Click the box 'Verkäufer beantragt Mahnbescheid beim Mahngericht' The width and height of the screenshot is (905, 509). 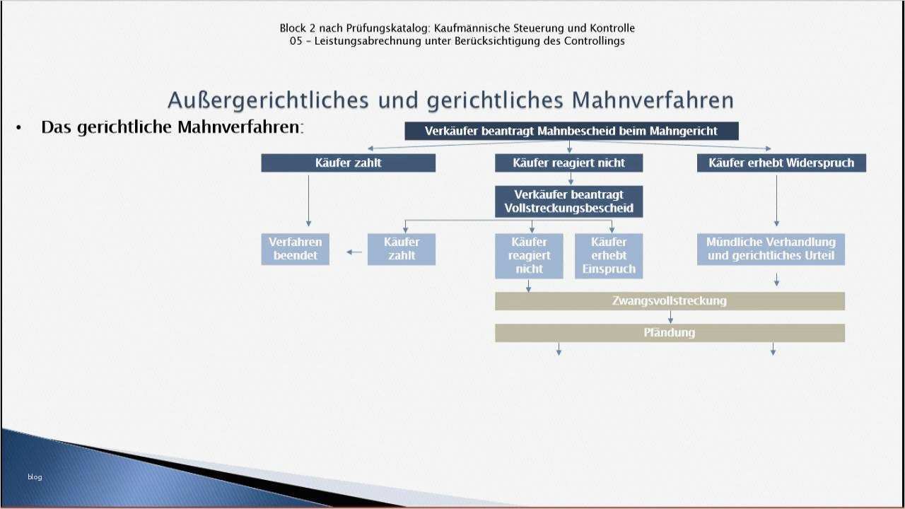point(571,131)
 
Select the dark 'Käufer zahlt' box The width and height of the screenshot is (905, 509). point(348,163)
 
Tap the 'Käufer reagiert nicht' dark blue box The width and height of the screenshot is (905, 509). point(568,163)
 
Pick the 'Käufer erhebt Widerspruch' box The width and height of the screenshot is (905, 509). point(781,163)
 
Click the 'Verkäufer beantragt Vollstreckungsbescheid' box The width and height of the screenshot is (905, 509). point(568,201)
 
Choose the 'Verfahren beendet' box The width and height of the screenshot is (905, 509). point(295,249)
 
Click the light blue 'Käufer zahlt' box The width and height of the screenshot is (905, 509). point(401,249)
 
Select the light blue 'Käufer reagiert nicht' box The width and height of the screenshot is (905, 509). point(529,255)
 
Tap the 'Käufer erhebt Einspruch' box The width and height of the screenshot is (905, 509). point(608,255)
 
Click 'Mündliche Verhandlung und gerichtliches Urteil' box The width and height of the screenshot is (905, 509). point(771,249)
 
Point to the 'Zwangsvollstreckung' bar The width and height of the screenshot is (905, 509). point(669,301)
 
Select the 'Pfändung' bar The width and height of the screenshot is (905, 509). point(669,333)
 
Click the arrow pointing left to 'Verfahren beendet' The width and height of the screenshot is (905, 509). point(354,252)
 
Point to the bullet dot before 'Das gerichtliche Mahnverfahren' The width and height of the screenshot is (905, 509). point(19,128)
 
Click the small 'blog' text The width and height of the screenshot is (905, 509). point(35,477)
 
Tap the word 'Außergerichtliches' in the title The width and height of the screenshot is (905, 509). point(268,100)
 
